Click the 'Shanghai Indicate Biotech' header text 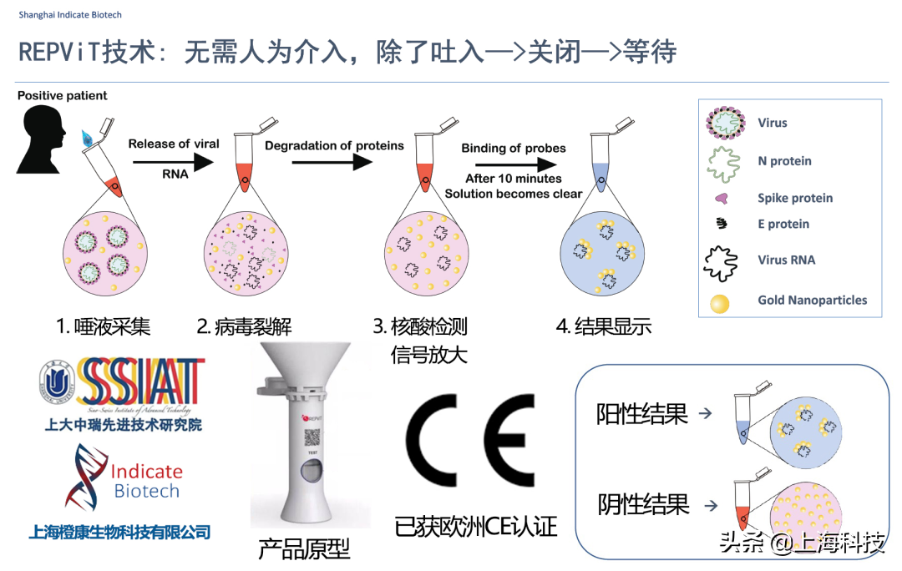70,14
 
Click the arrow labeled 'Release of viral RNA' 173,159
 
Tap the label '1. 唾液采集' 104,326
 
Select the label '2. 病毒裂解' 245,326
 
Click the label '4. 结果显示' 603,326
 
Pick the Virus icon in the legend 726,123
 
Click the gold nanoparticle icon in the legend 719,302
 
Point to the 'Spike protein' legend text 794,199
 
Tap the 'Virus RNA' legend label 786,260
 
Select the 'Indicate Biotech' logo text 146,482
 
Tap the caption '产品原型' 304,548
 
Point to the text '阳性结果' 641,413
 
